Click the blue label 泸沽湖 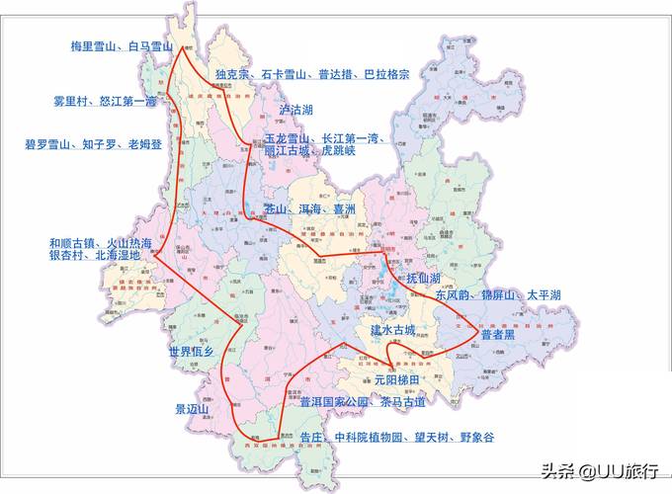(295, 110)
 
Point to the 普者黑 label (497, 335)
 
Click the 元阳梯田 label (396, 379)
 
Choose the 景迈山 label (192, 409)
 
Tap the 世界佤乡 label (191, 352)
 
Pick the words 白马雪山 (149, 46)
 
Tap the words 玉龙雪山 (288, 138)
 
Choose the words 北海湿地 (118, 255)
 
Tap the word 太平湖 (544, 295)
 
